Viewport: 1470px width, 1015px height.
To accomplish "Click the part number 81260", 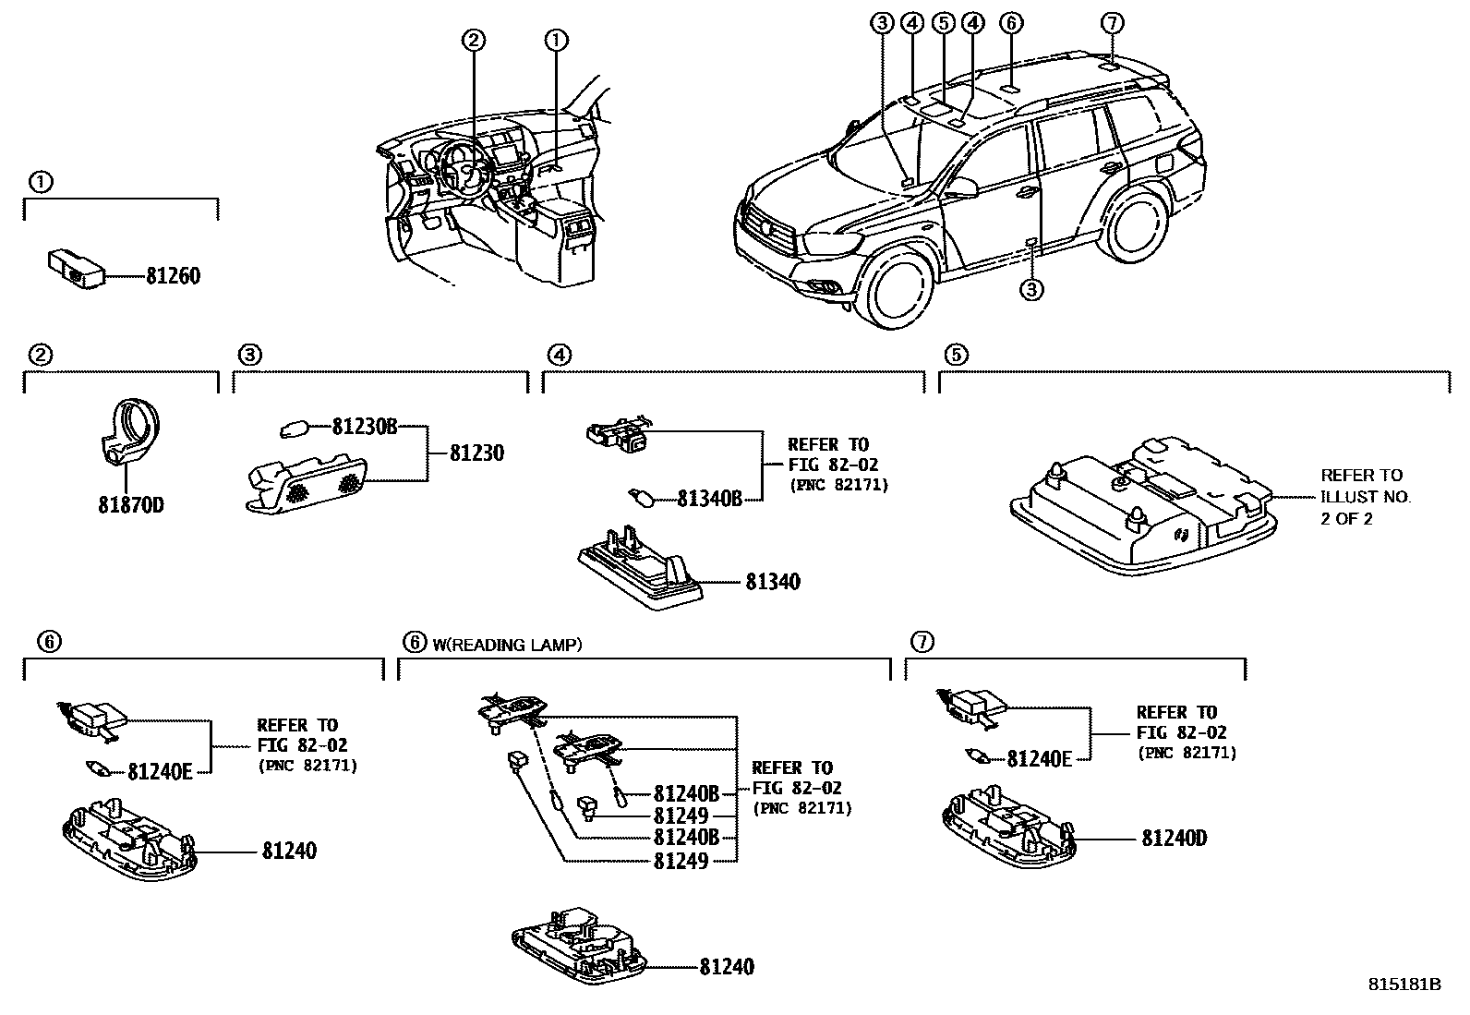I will click(x=172, y=276).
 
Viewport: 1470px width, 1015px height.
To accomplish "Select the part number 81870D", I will click(x=130, y=506).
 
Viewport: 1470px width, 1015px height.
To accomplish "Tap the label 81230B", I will click(x=365, y=427).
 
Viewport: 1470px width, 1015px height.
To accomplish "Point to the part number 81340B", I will click(x=709, y=499).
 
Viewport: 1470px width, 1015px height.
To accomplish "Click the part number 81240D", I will click(x=1175, y=839).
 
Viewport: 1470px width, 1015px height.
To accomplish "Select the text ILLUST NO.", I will click(x=1366, y=497).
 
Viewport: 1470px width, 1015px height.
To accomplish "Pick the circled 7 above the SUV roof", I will click(x=1113, y=22).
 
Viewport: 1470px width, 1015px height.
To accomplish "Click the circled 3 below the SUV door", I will click(x=1031, y=289).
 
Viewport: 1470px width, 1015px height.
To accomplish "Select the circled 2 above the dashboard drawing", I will click(x=474, y=40).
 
